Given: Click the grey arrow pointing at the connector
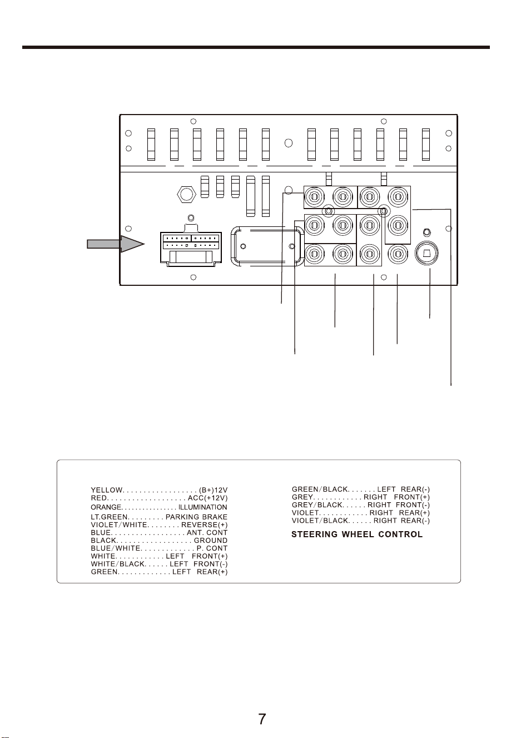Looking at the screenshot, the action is [115, 244].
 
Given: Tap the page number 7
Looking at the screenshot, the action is [262, 719].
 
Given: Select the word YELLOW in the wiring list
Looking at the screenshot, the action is [107, 491].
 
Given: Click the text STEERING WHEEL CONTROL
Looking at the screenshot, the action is [357, 534].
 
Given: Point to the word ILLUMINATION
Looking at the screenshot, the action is [203, 507].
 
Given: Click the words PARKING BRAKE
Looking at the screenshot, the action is [196, 517].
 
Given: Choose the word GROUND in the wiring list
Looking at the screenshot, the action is [211, 541].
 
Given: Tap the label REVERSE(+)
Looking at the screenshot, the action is [205, 525].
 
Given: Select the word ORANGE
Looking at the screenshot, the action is [106, 507].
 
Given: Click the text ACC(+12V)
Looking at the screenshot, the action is [207, 498].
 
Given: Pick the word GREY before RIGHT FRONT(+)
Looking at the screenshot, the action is [302, 497].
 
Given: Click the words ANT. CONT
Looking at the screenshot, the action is [207, 533].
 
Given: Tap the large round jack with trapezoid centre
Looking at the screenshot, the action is [426, 253].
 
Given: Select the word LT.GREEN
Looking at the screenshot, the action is [109, 517].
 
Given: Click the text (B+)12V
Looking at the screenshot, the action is [213, 491].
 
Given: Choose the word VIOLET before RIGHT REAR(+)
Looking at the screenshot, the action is [305, 513].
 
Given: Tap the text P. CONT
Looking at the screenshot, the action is [212, 548].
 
